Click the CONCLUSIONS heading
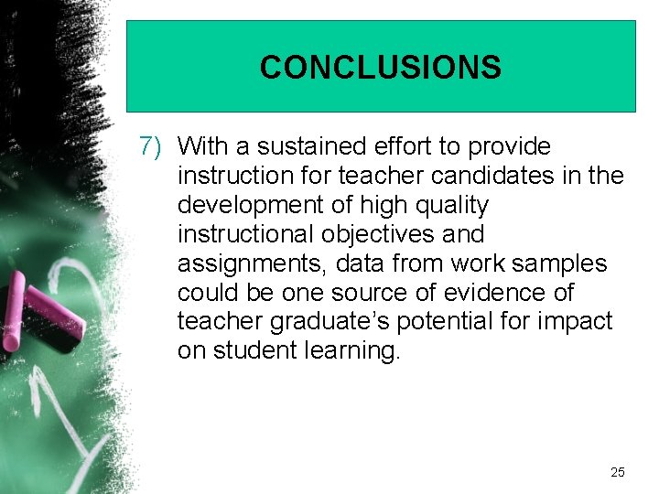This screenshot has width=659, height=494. pos(380,68)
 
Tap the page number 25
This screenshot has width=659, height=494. pos(617,472)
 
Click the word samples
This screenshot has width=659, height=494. pos(559,263)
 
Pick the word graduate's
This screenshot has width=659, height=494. pos(326,322)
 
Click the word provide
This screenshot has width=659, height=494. pos(507,146)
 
